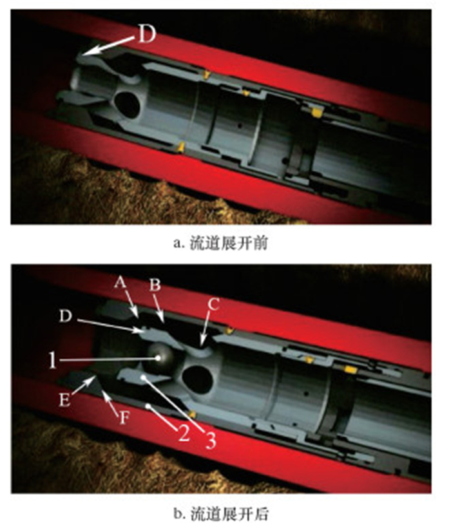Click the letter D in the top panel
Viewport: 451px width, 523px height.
coord(147,34)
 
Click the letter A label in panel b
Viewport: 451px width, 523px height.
coord(120,283)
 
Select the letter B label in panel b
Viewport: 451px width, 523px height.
coord(155,285)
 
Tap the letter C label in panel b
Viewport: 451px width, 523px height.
coord(213,304)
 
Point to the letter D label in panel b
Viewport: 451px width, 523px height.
coord(65,316)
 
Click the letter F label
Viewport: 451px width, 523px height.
coord(124,417)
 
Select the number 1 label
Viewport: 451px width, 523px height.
coord(52,360)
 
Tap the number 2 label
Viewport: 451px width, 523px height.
coord(184,433)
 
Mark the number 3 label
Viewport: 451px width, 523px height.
coord(210,440)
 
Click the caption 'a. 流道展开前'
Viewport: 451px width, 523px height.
coord(220,243)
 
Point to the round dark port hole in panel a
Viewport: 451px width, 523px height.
coord(127,105)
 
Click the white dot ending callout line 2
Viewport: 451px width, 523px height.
coord(148,406)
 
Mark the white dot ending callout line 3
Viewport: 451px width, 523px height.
coord(143,377)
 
